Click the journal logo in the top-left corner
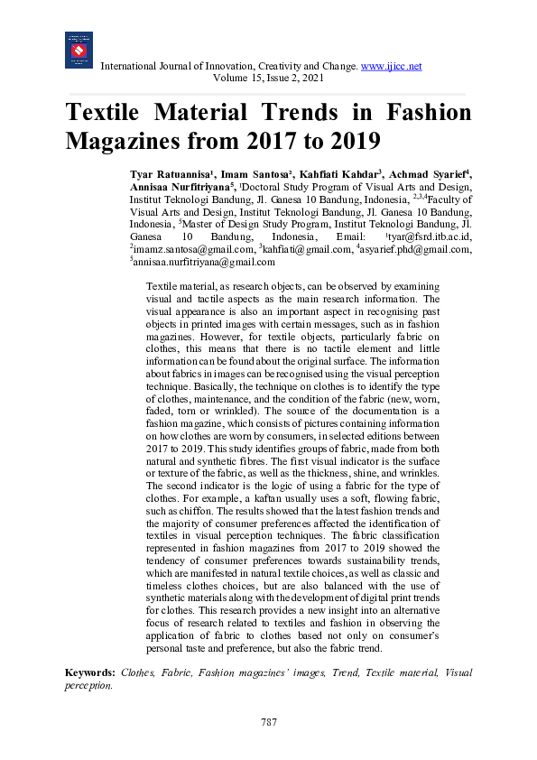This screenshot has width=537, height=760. click(x=79, y=51)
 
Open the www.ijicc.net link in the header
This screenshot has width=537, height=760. click(x=391, y=67)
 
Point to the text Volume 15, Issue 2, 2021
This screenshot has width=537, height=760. click(x=268, y=79)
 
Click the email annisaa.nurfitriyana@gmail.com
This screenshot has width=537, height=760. click(x=203, y=262)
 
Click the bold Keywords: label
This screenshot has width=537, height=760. click(x=89, y=673)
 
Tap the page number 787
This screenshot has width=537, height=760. click(x=268, y=722)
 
